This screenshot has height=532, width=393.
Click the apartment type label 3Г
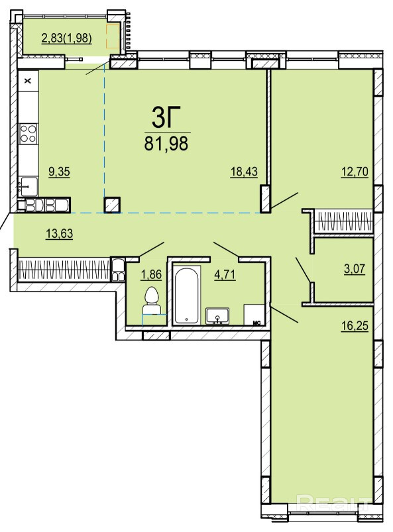[166, 117]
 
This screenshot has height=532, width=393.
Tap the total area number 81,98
[166, 144]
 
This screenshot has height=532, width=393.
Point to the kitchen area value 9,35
[60, 172]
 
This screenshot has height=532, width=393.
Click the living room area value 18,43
[244, 172]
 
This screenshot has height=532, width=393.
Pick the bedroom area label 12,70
[355, 172]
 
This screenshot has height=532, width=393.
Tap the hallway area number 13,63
[60, 233]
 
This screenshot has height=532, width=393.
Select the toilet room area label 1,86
[151, 274]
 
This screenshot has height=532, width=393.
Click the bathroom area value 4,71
[225, 274]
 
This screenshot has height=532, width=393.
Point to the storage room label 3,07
[355, 269]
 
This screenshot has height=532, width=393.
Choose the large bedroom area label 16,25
[355, 326]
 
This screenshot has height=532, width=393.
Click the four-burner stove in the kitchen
[28, 133]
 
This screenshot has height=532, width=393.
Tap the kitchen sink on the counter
[28, 186]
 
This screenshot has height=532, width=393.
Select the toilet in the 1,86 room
[151, 301]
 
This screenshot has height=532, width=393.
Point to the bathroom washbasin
[217, 316]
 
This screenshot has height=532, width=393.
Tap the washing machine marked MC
[254, 315]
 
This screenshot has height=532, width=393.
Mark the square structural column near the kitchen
[113, 205]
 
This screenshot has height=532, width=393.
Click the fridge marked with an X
[28, 81]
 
